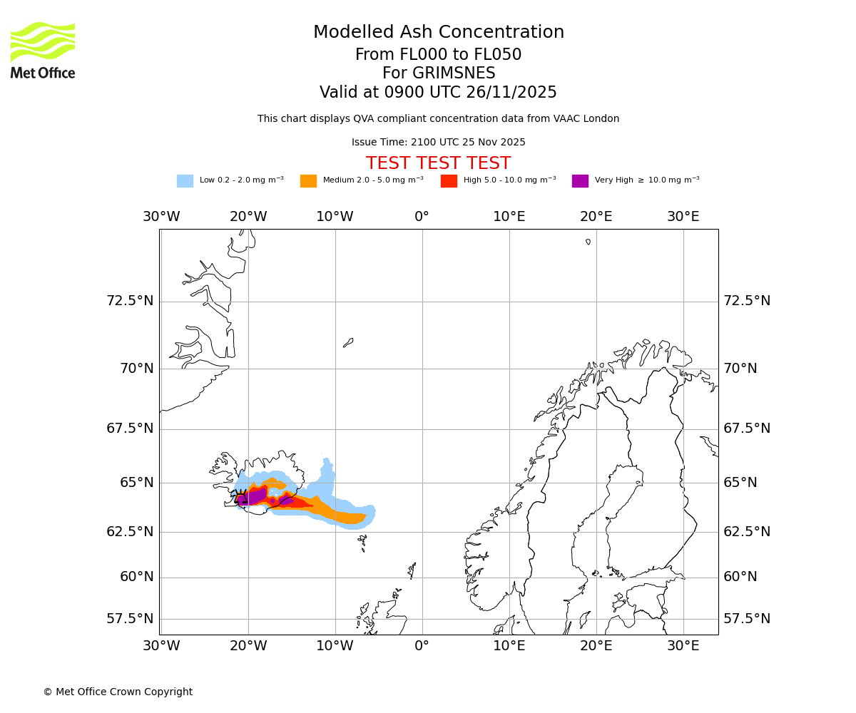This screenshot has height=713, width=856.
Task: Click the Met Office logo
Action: [43, 50]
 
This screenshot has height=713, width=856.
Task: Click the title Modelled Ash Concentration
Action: [439, 32]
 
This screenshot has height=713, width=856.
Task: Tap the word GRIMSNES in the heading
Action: [439, 73]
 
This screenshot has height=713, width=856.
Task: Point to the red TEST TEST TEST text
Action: [438, 163]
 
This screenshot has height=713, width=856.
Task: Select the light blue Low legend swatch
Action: [185, 180]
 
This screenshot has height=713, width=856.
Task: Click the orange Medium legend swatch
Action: [308, 180]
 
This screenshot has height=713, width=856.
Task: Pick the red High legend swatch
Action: [449, 180]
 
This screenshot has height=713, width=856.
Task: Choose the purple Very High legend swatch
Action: [580, 180]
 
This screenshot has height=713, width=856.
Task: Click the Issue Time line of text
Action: [438, 142]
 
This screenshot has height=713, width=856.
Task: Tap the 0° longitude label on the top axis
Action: [422, 217]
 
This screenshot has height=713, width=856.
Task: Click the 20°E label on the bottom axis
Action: [596, 646]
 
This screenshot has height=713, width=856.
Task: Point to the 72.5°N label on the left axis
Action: [130, 301]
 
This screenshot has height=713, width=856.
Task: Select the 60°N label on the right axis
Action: [740, 577]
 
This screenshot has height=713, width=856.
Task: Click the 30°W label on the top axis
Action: [161, 217]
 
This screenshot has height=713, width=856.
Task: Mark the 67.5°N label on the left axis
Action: [130, 429]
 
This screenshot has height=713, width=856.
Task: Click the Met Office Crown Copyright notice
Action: [118, 692]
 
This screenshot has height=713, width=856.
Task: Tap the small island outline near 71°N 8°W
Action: [348, 343]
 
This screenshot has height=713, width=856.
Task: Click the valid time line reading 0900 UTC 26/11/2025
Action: [438, 93]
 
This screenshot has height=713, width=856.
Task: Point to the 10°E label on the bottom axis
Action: [509, 646]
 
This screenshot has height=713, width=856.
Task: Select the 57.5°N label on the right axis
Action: [747, 619]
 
